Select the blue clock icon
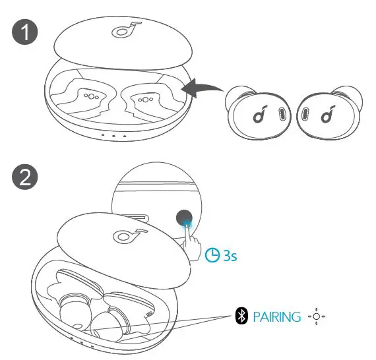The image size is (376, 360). pyautogui.click(x=211, y=255)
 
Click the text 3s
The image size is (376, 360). pyautogui.click(x=228, y=255)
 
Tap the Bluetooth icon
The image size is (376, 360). pyautogui.click(x=241, y=316)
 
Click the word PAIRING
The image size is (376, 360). pyautogui.click(x=277, y=317)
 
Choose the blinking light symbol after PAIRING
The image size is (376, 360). pyautogui.click(x=317, y=316)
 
